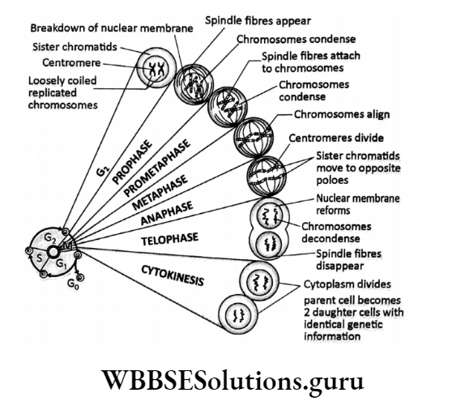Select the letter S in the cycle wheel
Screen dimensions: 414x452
[36, 255]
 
